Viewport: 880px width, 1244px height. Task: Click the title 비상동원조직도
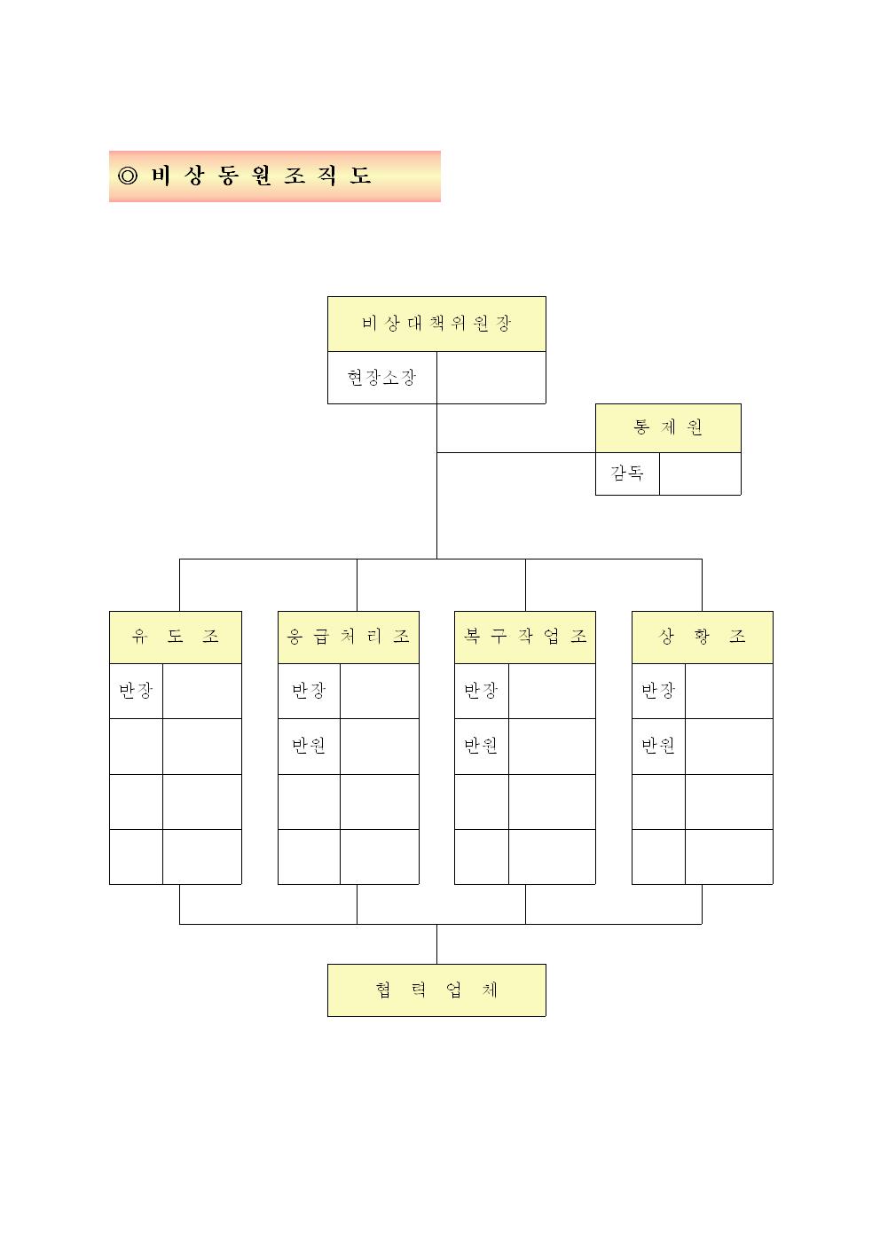point(261,176)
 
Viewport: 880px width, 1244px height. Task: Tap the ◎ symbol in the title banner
point(128,176)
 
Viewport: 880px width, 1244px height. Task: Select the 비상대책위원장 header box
point(436,324)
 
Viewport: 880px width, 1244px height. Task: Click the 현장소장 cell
point(382,378)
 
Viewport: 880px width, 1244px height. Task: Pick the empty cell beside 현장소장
point(491,378)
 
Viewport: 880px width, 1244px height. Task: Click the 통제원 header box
point(668,428)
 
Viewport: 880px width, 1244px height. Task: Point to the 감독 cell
point(627,473)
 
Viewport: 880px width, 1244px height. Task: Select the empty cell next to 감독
point(700,473)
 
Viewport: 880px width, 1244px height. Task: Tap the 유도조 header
point(176,637)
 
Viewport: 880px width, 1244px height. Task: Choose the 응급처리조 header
point(349,637)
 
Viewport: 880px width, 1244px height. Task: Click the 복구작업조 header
point(525,637)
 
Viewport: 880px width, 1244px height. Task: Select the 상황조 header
point(703,637)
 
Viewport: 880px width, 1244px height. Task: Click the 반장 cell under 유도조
point(136,691)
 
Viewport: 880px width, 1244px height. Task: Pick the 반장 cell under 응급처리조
point(309,691)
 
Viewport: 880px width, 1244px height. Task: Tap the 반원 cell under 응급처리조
point(309,747)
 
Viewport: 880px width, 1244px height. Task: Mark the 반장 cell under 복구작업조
point(482,691)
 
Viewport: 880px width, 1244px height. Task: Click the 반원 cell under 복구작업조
point(482,747)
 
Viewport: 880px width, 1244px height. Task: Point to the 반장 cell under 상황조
point(659,691)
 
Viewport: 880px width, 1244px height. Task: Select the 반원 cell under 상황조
point(659,747)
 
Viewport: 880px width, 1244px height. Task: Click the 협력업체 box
point(436,990)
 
